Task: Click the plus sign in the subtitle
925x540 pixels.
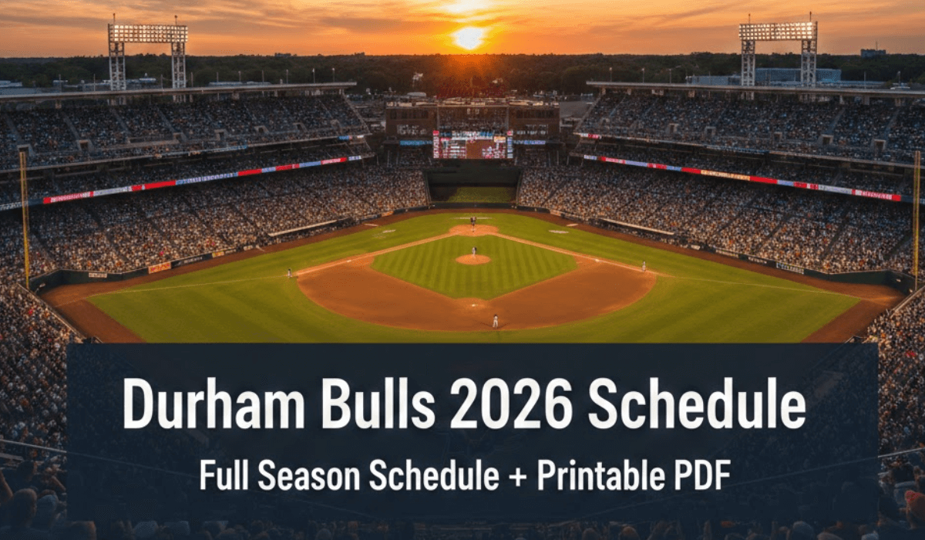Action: [518, 477]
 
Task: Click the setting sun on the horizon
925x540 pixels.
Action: [469, 38]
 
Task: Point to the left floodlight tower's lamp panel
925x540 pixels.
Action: [148, 33]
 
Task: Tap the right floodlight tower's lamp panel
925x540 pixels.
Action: [778, 32]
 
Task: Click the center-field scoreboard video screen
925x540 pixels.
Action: [473, 144]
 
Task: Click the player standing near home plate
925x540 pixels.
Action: [495, 321]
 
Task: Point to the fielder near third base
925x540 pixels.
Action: [290, 272]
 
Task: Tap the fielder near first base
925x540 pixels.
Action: [644, 266]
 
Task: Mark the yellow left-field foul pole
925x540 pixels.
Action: [25, 220]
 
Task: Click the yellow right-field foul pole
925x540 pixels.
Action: [917, 215]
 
